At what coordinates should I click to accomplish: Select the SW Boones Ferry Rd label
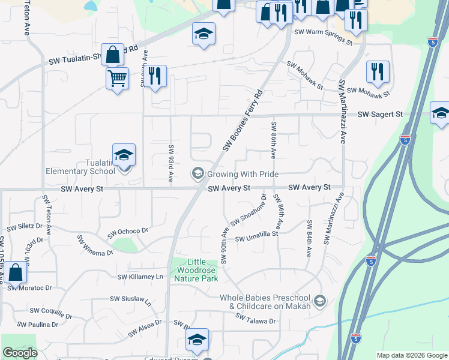click(x=243, y=121)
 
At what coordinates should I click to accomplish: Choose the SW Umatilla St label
click(x=257, y=239)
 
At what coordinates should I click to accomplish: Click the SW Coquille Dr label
click(x=50, y=311)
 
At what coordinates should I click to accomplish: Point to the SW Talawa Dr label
click(x=256, y=321)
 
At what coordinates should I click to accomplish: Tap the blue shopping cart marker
click(x=117, y=77)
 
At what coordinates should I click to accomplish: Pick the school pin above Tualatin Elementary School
click(x=124, y=155)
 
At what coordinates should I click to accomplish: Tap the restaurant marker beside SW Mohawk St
click(x=378, y=71)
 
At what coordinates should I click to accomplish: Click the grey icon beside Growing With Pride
click(x=197, y=174)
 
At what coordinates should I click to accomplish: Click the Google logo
click(x=20, y=353)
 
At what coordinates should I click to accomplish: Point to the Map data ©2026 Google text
click(x=411, y=355)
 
